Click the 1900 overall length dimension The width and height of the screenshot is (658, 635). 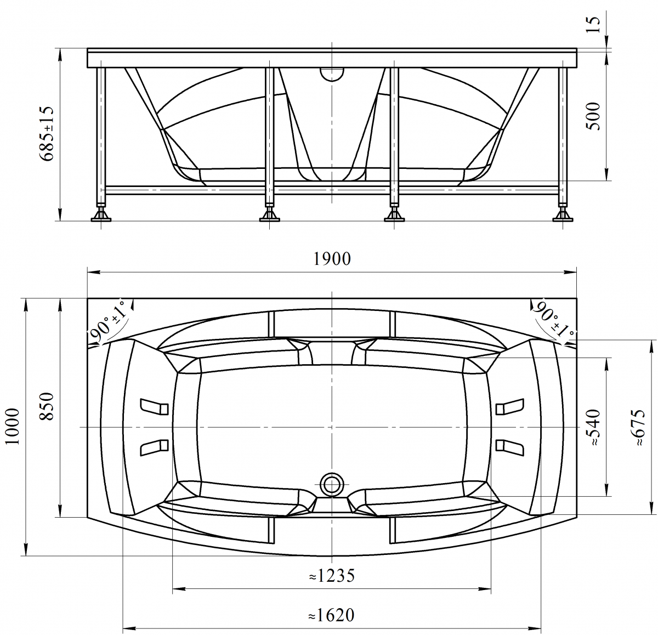click(332, 259)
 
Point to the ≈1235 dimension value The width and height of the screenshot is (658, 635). click(332, 576)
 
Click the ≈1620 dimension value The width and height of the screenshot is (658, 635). click(332, 615)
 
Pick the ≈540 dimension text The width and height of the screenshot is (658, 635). click(594, 428)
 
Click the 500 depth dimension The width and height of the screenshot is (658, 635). click(593, 116)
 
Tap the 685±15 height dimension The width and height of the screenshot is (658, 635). click(46, 134)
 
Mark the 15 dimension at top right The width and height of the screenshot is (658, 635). click(593, 24)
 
